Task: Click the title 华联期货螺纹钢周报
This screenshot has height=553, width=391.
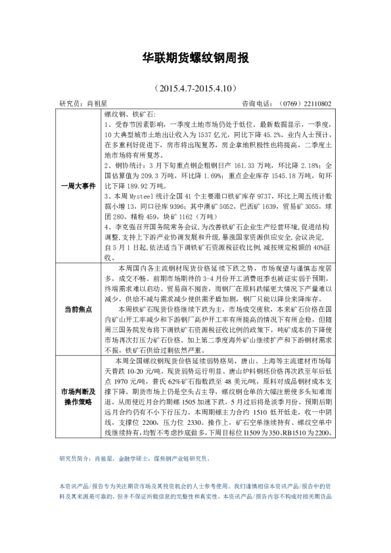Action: [195, 59]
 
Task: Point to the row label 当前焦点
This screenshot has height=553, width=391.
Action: [78, 309]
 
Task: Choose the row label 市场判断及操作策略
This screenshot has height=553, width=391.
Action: [78, 396]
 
